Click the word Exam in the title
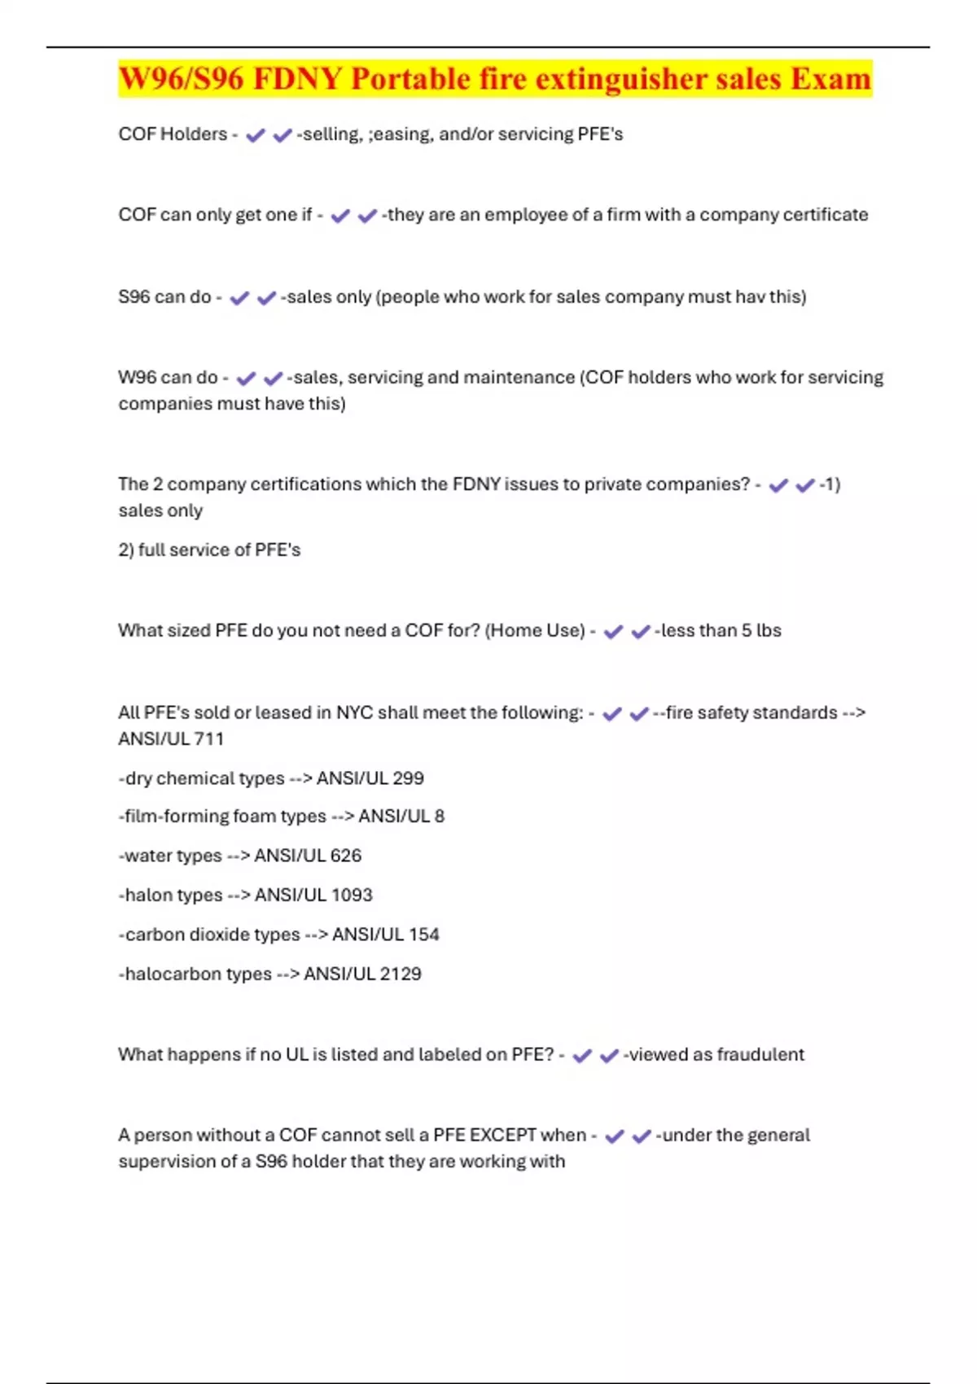pyautogui.click(x=830, y=79)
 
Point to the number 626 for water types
pyautogui.click(x=346, y=856)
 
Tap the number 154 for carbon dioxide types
pyautogui.click(x=423, y=935)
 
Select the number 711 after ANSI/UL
pyautogui.click(x=208, y=739)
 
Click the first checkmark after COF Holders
pyautogui.click(x=256, y=135)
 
